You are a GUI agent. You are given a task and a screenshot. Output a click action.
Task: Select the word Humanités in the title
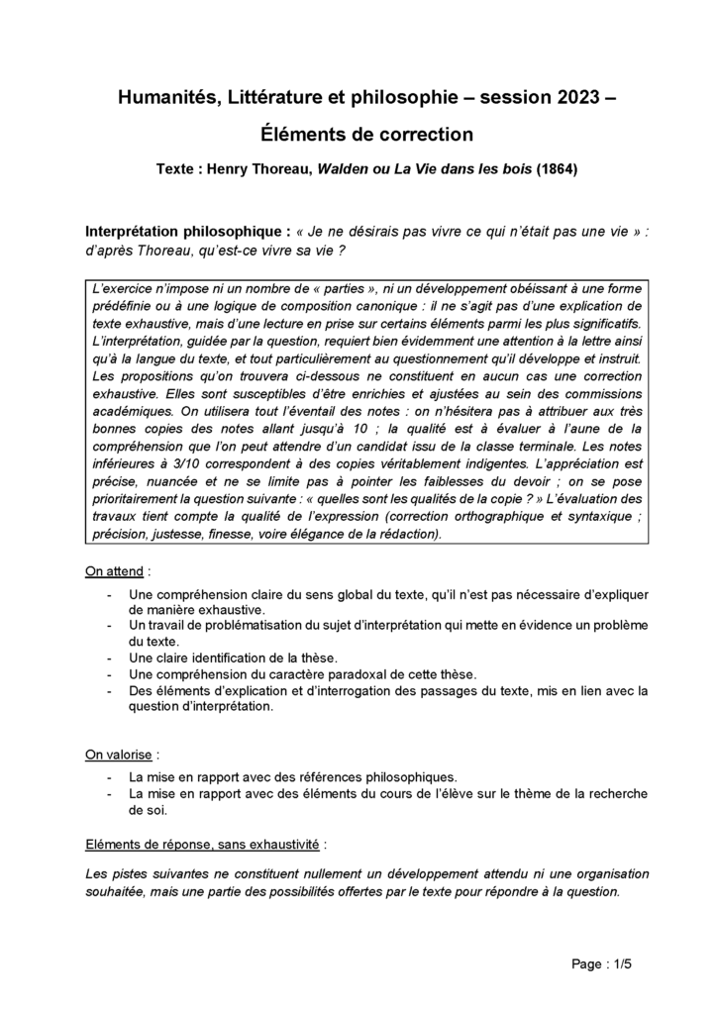(161, 97)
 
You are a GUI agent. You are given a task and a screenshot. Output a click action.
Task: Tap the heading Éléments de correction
(358, 133)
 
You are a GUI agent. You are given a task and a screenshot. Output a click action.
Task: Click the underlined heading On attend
(115, 571)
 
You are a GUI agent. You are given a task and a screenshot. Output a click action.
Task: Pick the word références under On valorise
(356, 777)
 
